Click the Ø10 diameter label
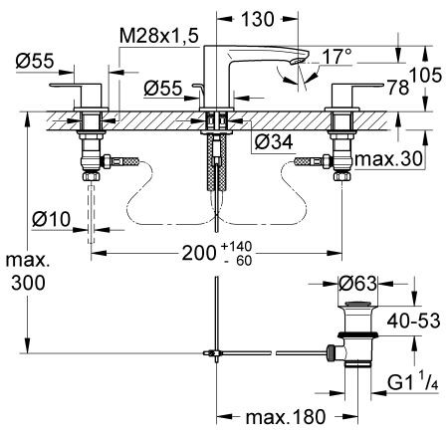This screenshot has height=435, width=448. click(47, 218)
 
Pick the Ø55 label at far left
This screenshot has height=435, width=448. click(35, 61)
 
